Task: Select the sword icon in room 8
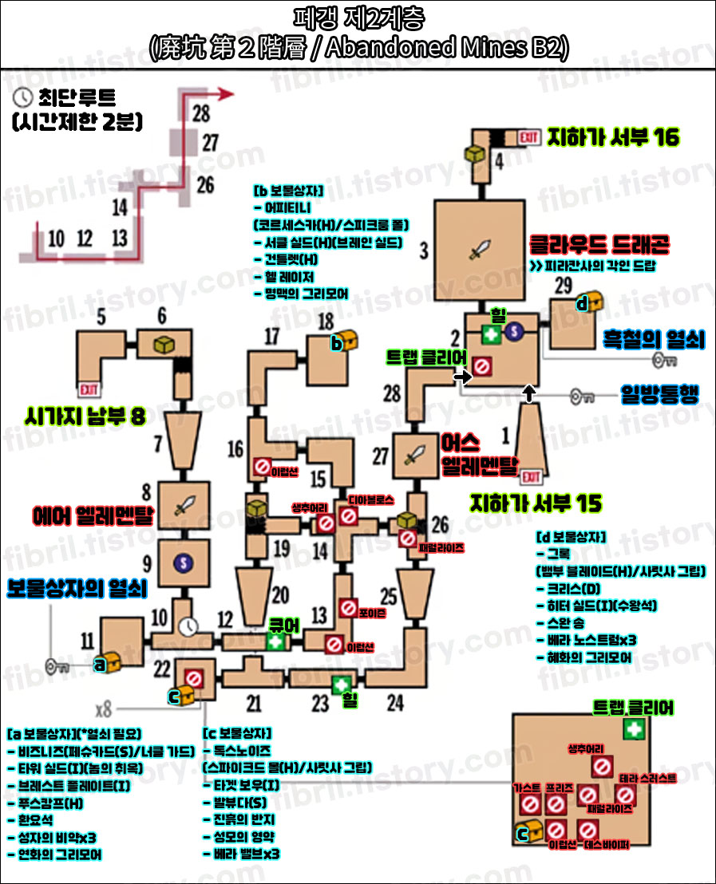(184, 504)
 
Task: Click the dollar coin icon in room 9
(184, 562)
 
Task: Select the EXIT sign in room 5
(87, 389)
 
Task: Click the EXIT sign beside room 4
(528, 136)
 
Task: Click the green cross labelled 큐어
(276, 641)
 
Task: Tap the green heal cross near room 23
(342, 684)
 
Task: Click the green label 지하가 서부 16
(613, 137)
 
